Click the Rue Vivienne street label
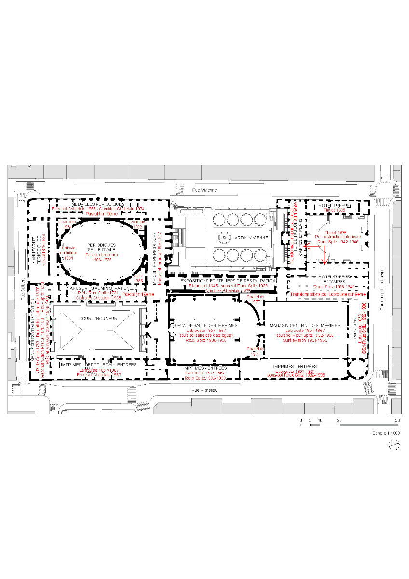pos(204,190)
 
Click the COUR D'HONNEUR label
pos(95,319)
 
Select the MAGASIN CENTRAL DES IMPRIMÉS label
pos(305,325)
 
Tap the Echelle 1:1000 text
pos(386,433)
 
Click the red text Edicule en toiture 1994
pos(68,253)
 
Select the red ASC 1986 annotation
pos(137,277)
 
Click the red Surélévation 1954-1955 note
pos(305,340)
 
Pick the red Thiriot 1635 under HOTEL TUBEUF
pos(335,210)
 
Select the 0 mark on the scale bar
pos(301,420)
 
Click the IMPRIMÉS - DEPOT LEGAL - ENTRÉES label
pos(98,365)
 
